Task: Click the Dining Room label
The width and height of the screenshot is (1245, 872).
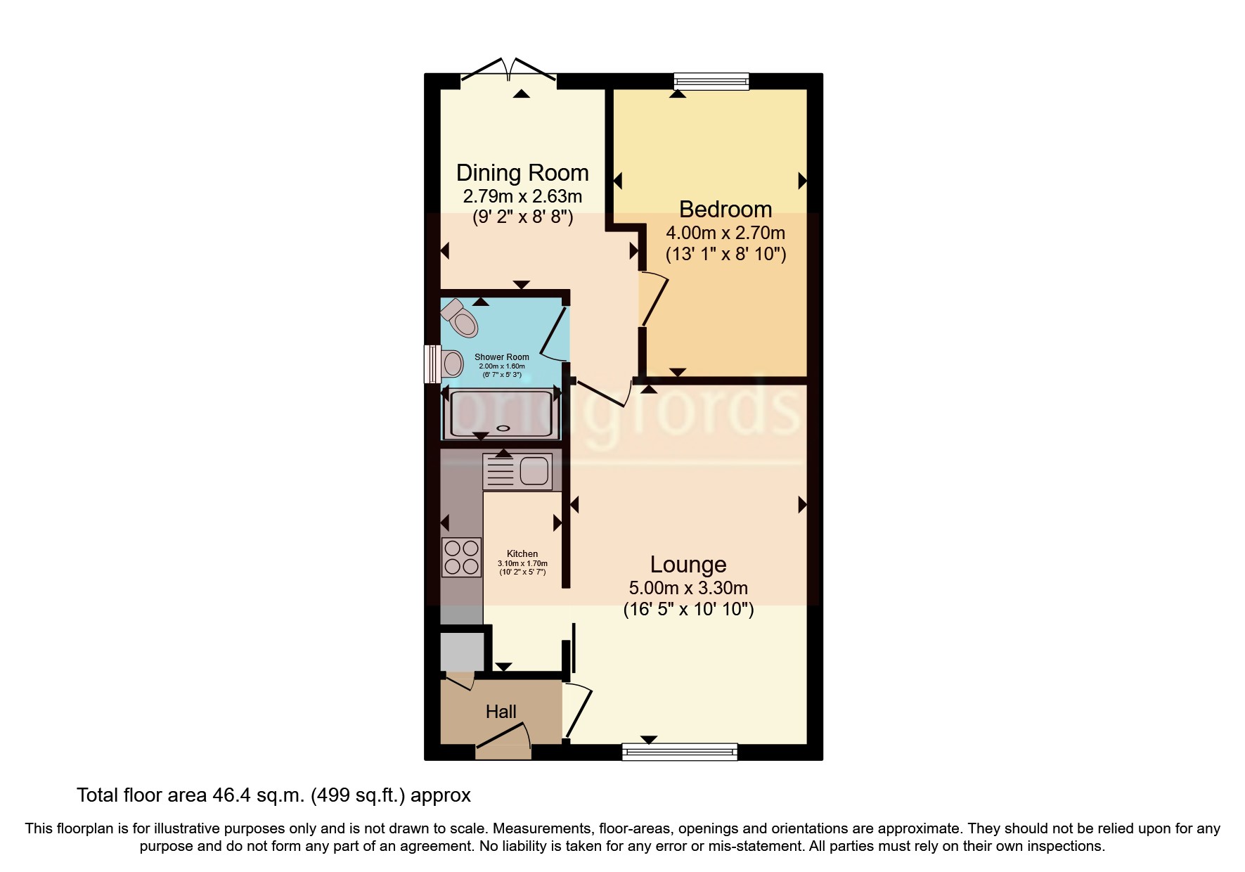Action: tap(522, 173)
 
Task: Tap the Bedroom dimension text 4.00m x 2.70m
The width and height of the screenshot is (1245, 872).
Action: tap(725, 233)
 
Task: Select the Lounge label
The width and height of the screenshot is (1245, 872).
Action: tap(688, 565)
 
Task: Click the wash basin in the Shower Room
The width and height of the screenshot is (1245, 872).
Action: tap(452, 364)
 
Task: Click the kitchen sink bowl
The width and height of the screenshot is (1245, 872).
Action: tap(534, 470)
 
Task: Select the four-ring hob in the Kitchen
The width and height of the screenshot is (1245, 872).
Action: tap(461, 557)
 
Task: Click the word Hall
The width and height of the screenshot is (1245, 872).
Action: tap(501, 712)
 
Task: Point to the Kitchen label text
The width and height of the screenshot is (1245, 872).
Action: tap(522, 554)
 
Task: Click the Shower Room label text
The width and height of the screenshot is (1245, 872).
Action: tap(501, 357)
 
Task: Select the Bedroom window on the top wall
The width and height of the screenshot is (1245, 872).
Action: tap(711, 82)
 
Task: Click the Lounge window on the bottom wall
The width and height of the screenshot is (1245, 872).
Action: tap(680, 752)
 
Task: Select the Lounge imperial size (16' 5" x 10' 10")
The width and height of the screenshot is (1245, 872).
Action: tap(688, 609)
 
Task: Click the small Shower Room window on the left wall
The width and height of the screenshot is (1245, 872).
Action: tap(431, 364)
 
